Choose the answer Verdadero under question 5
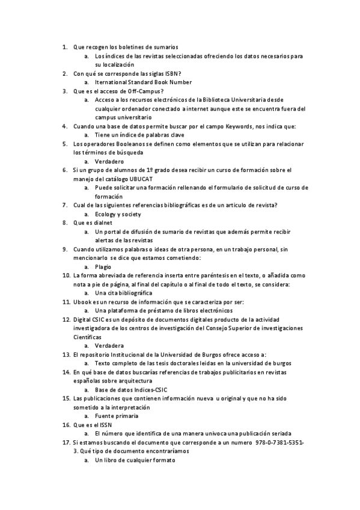[109, 162]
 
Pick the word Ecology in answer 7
[106, 214]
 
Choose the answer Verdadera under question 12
[109, 345]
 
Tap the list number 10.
[66, 275]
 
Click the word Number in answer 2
[180, 82]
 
